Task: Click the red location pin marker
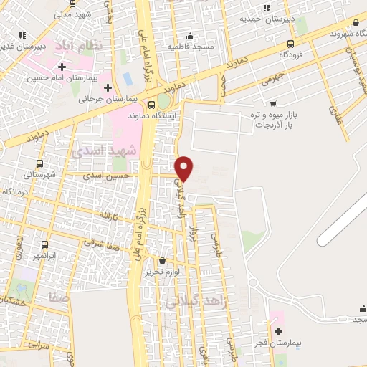pos(185,167)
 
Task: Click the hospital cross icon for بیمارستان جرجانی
pos(108,88)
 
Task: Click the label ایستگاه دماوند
pos(152,114)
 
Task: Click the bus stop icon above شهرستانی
pos(39,163)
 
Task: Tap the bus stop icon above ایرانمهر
pos(44,244)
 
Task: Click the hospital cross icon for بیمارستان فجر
pos(278,331)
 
